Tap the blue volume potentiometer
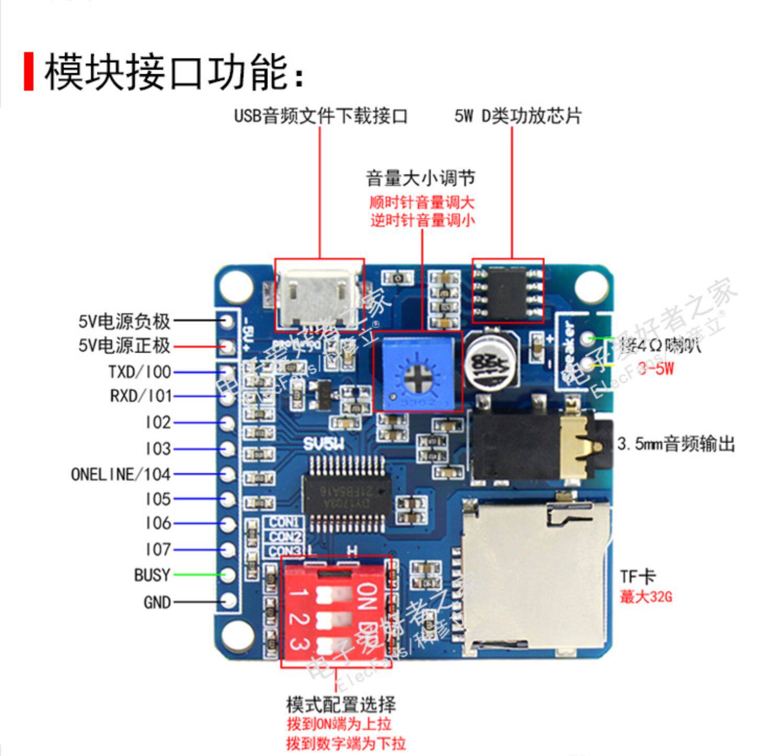pyautogui.click(x=418, y=371)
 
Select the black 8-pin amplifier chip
pyautogui.click(x=507, y=290)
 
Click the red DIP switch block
pyautogui.click(x=335, y=611)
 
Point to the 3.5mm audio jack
pyautogui.click(x=538, y=444)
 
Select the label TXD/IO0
pyautogui.click(x=140, y=372)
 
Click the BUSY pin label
pyautogui.click(x=152, y=575)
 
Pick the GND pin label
pyautogui.click(x=157, y=602)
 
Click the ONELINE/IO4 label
pyautogui.click(x=121, y=474)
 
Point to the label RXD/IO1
pyautogui.click(x=141, y=396)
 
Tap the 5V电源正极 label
pyautogui.click(x=124, y=346)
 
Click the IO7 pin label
pyautogui.click(x=158, y=550)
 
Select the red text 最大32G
pyautogui.click(x=645, y=596)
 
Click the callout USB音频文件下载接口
pyautogui.click(x=320, y=116)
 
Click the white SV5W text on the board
pyautogui.click(x=324, y=445)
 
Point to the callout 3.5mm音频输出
pyautogui.click(x=676, y=444)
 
